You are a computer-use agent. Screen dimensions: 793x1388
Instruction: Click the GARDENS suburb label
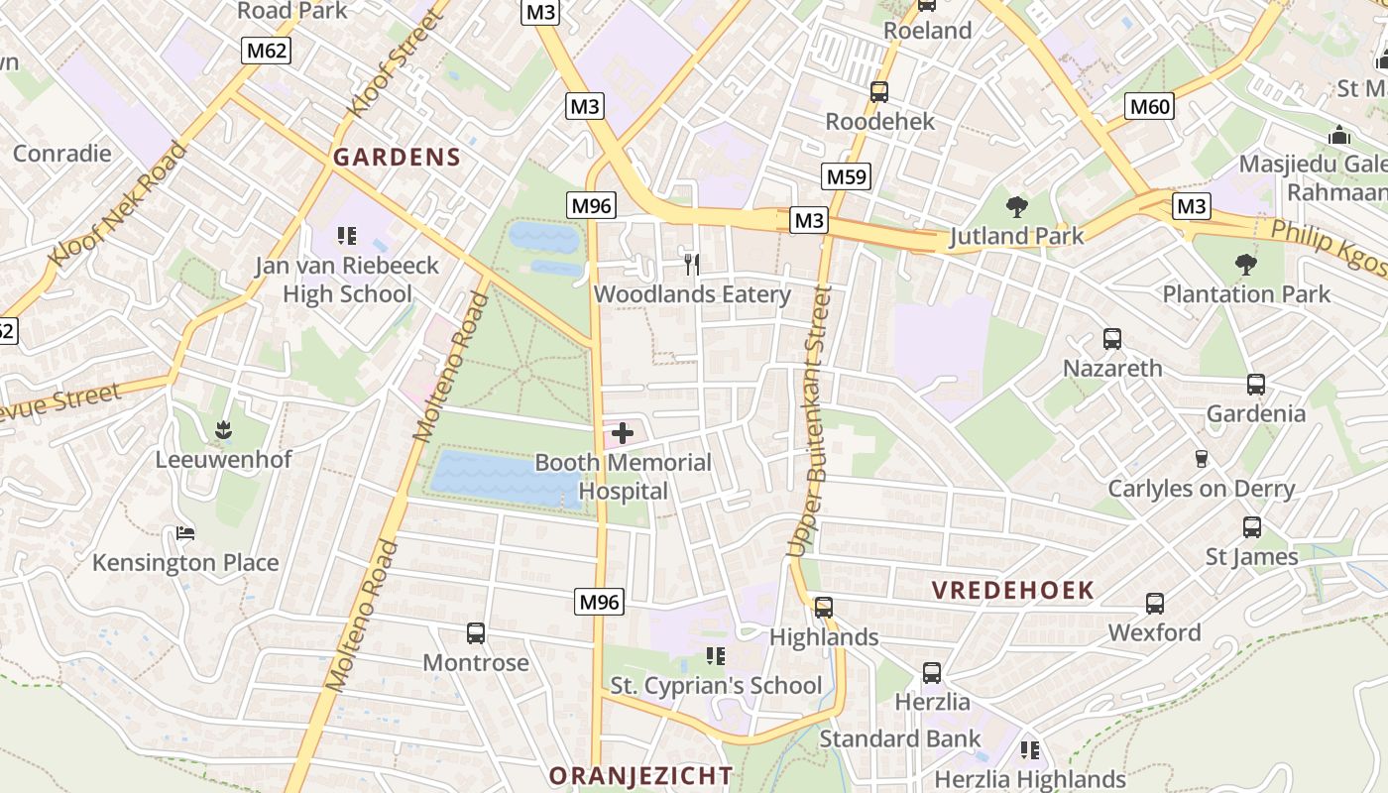click(397, 157)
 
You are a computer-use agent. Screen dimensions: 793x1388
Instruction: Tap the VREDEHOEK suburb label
click(1012, 591)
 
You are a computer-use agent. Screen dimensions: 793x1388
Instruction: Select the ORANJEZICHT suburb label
click(640, 775)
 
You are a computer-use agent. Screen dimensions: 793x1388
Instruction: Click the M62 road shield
click(267, 51)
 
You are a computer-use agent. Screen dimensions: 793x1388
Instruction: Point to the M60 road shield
click(1150, 106)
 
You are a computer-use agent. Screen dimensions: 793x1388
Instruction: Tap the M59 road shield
click(846, 177)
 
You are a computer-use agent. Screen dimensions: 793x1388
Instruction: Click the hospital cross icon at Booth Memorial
click(623, 433)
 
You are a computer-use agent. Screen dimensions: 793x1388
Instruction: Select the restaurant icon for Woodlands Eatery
click(692, 264)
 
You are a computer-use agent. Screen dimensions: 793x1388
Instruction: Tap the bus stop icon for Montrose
click(476, 632)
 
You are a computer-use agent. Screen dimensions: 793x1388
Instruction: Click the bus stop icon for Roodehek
click(878, 92)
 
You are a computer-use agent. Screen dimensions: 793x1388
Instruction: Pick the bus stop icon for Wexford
click(1154, 603)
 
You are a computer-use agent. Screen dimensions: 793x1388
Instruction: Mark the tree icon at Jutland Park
click(1016, 207)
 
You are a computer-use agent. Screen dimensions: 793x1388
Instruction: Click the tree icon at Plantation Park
click(1246, 265)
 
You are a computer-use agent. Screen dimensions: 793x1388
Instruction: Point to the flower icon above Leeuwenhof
click(223, 429)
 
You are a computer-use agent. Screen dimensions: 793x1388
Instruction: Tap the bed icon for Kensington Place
click(185, 533)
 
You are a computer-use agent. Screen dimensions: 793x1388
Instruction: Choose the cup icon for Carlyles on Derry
click(1201, 458)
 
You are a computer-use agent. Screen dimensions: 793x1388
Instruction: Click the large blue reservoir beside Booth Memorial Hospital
click(504, 479)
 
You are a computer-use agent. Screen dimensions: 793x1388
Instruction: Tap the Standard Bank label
click(899, 738)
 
